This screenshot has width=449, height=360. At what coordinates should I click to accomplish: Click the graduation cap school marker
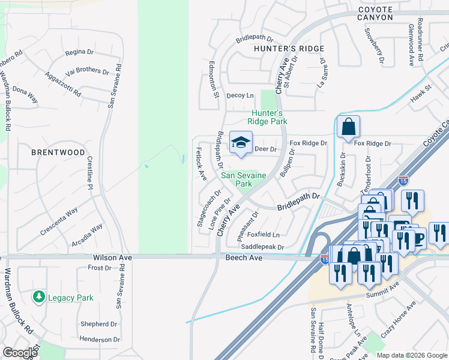pyautogui.click(x=241, y=143)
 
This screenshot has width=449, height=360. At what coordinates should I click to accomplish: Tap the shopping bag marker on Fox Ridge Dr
pyautogui.click(x=348, y=127)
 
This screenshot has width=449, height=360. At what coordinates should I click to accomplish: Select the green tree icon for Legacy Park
pyautogui.click(x=39, y=297)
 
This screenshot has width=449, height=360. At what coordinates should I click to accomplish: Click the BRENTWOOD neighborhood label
pyautogui.click(x=58, y=152)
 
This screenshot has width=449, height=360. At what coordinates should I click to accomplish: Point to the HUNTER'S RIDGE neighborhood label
pyautogui.click(x=289, y=49)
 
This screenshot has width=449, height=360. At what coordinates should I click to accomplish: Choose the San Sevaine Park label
pyautogui.click(x=244, y=179)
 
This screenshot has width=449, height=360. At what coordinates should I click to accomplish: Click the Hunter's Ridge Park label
pyautogui.click(x=269, y=117)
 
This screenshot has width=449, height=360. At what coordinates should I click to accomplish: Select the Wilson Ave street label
pyautogui.click(x=112, y=257)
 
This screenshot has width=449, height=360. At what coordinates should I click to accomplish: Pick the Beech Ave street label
pyautogui.click(x=244, y=257)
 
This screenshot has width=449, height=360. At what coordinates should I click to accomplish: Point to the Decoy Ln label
pyautogui.click(x=240, y=95)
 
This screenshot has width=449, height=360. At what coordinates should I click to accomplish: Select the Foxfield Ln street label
pyautogui.click(x=264, y=235)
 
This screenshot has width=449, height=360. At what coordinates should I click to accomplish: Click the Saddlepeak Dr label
pyautogui.click(x=262, y=247)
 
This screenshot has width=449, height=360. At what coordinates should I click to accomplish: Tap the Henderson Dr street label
pyautogui.click(x=99, y=339)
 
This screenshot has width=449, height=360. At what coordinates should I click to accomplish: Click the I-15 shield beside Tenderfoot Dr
pyautogui.click(x=403, y=179)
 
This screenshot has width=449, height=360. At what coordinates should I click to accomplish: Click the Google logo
pyautogui.click(x=20, y=353)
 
